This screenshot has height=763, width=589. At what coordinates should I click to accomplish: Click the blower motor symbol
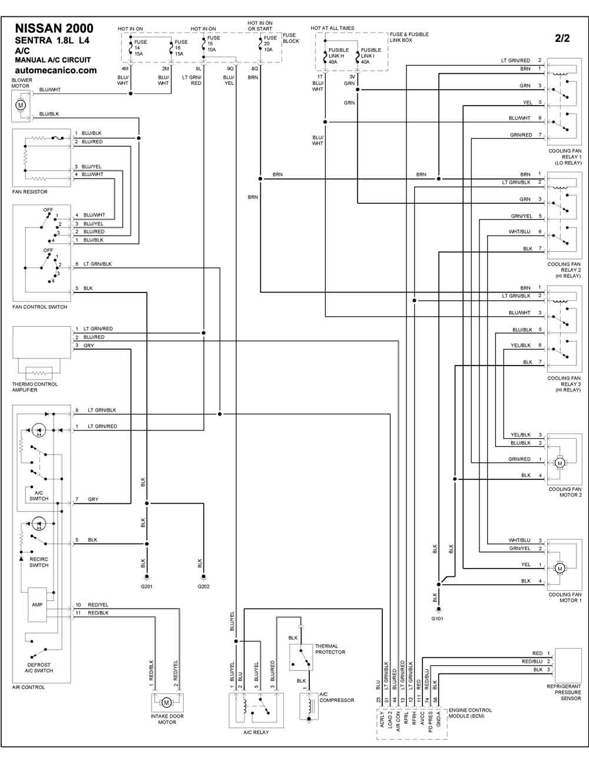click(21, 105)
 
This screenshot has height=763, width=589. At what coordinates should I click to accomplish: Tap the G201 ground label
click(147, 586)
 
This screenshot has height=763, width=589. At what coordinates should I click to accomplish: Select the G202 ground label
click(203, 586)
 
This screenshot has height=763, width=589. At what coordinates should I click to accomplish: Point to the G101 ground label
click(437, 619)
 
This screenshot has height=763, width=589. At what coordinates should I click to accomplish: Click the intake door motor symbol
click(166, 702)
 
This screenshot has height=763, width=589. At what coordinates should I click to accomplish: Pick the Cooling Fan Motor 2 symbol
click(560, 463)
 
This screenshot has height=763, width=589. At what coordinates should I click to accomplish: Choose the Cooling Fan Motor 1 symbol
click(560, 568)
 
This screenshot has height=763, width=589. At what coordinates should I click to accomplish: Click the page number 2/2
click(562, 39)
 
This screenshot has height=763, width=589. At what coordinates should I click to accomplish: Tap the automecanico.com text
click(55, 70)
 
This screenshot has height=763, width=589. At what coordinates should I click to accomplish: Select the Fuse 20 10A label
click(269, 44)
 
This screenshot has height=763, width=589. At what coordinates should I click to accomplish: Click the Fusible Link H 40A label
click(339, 55)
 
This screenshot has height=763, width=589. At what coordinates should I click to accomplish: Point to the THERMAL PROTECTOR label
click(330, 649)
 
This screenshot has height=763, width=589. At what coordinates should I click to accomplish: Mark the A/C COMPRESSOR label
click(337, 697)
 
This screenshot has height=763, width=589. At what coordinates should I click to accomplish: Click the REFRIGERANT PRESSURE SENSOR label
click(564, 692)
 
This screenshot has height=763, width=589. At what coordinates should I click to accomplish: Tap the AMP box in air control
click(38, 605)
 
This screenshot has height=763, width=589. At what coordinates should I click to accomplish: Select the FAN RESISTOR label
click(30, 192)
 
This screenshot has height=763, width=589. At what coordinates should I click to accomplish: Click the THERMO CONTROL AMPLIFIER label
click(35, 387)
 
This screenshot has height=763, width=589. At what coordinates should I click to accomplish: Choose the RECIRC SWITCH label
click(39, 562)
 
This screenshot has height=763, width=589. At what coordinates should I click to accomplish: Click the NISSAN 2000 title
click(54, 29)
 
